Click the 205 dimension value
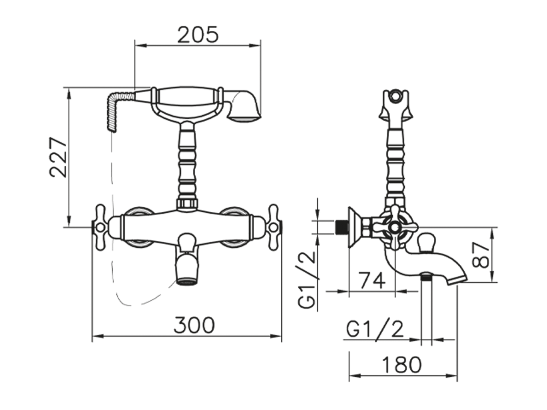(x=198, y=34)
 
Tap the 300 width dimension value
(x=194, y=325)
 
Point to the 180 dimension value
(x=401, y=365)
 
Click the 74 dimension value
(x=372, y=281)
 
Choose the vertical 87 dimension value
(x=480, y=255)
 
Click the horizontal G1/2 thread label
(x=375, y=329)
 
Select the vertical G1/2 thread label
(x=307, y=280)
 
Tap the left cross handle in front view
(x=100, y=227)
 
